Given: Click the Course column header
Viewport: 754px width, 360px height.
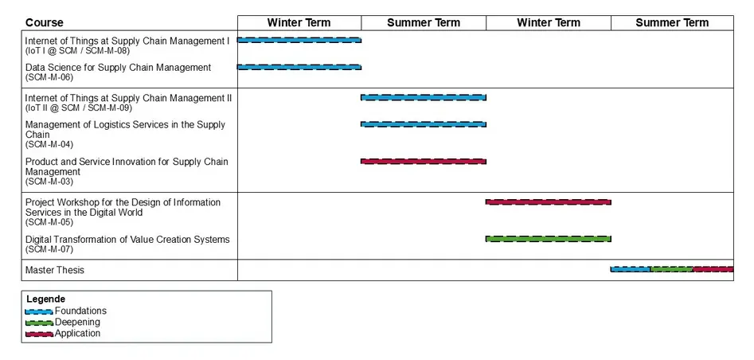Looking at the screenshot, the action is coord(45,22).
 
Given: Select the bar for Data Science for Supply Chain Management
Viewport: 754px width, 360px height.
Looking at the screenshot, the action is coord(299,67).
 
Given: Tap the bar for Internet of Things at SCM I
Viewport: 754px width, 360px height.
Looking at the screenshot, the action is coord(299,40).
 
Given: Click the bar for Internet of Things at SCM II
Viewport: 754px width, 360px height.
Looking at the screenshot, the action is coord(423,97).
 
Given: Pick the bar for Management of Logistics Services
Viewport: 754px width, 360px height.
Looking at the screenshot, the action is coord(423,124).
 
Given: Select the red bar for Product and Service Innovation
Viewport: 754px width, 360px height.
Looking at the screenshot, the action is coord(423,161).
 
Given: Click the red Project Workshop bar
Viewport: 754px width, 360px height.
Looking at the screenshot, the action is coord(549,202).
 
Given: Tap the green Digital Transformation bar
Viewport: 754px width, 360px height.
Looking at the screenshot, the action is coord(549,239).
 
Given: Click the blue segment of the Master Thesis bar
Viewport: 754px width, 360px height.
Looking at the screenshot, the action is coord(631,269).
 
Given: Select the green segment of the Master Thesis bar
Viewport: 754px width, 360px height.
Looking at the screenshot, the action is coord(672,269).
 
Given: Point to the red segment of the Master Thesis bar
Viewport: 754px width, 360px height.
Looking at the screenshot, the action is coord(713,269).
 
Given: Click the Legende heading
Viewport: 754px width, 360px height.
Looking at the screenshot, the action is coord(45,299).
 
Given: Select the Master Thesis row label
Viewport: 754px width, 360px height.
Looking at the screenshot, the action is coord(55,270).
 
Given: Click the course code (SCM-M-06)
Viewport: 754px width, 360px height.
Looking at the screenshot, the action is coord(49,77).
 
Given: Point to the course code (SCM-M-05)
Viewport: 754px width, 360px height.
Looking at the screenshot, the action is coord(49,222).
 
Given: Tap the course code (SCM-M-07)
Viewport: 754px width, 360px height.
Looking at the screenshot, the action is coord(49,249).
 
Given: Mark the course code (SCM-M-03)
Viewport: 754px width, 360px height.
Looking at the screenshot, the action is coord(49,182).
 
